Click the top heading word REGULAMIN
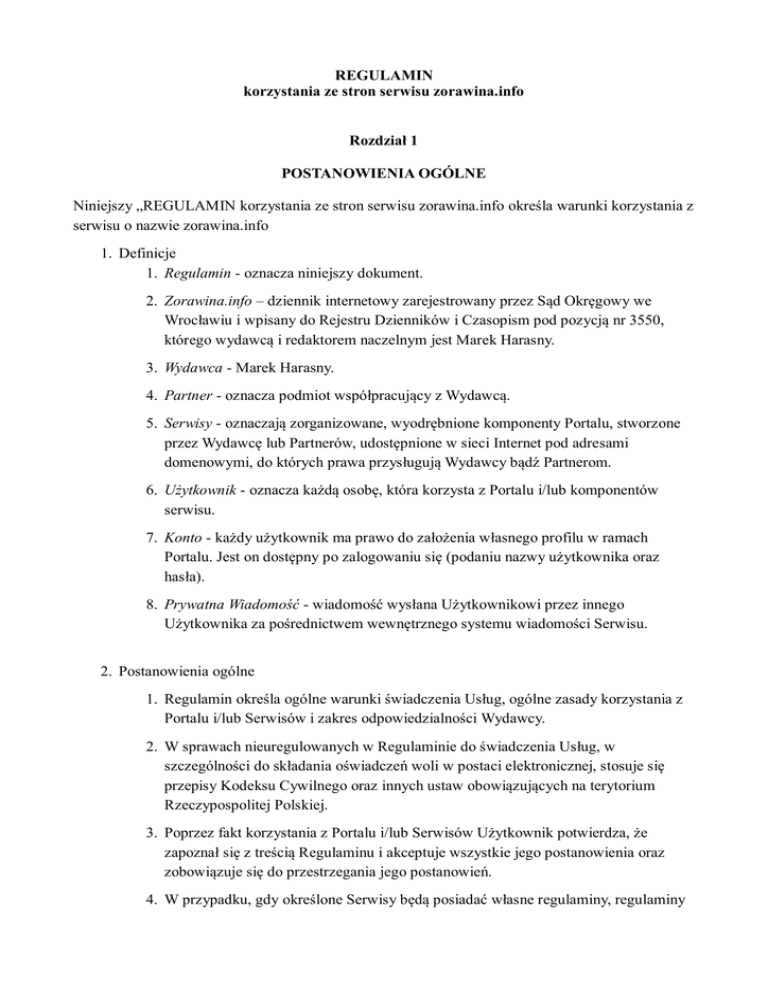(x=384, y=74)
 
